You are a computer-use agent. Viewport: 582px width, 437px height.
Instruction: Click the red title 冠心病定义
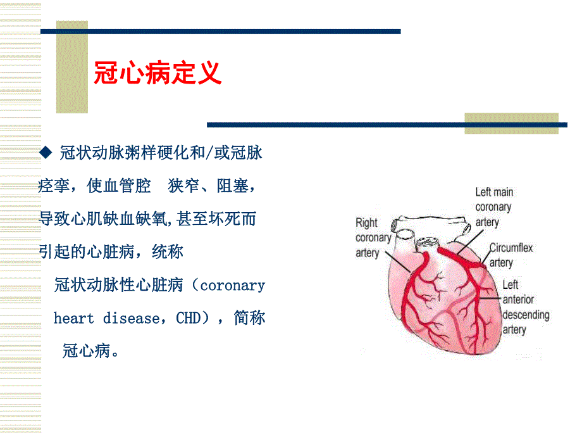158,73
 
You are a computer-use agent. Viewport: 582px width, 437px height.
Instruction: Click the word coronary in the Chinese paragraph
232,285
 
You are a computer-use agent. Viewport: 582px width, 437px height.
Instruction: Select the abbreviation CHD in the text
188,318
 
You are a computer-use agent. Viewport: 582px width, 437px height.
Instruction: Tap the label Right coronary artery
373,237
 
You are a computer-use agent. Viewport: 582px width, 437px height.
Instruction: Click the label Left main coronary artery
494,207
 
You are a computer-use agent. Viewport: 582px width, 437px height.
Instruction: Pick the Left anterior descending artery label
525,307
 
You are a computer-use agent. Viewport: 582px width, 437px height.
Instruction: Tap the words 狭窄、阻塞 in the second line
212,186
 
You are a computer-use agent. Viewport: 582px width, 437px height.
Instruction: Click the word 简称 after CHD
249,318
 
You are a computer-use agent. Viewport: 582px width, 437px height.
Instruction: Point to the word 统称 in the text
168,252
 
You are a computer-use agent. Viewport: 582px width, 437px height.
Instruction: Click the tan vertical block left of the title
72,67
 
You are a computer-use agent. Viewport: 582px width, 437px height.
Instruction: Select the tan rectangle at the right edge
511,123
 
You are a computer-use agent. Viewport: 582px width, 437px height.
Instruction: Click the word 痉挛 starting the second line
53,186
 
